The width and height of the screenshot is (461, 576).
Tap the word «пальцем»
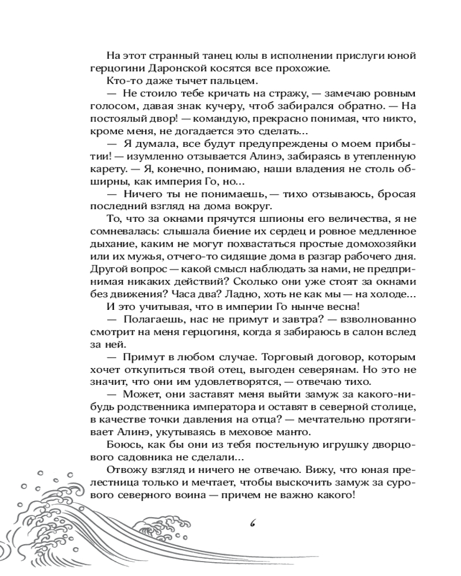point(211,81)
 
